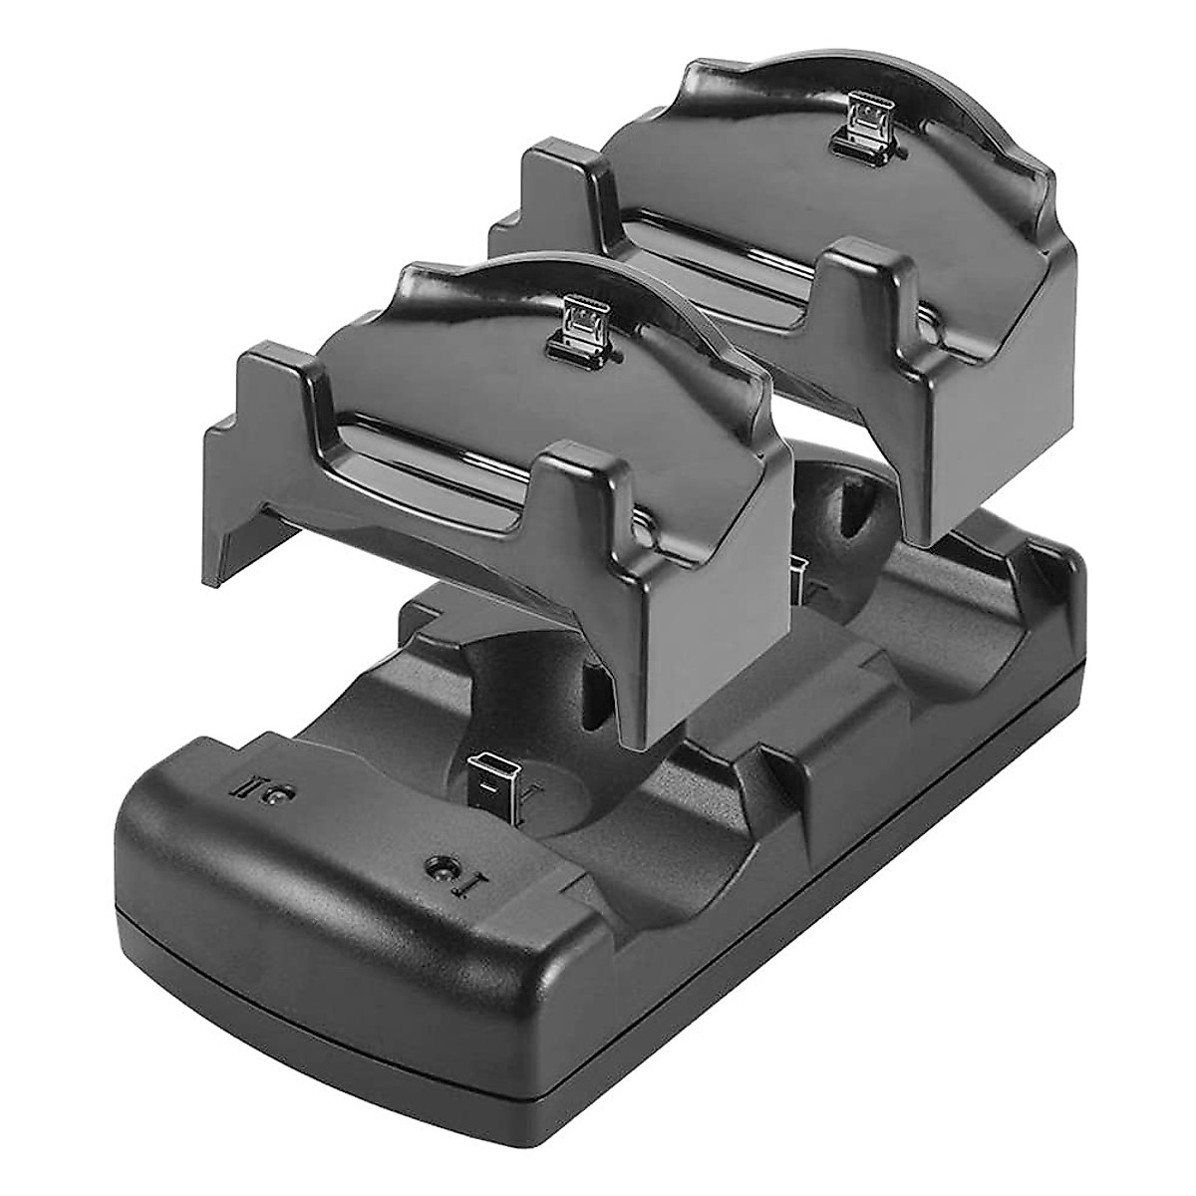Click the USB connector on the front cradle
click(578, 321)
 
